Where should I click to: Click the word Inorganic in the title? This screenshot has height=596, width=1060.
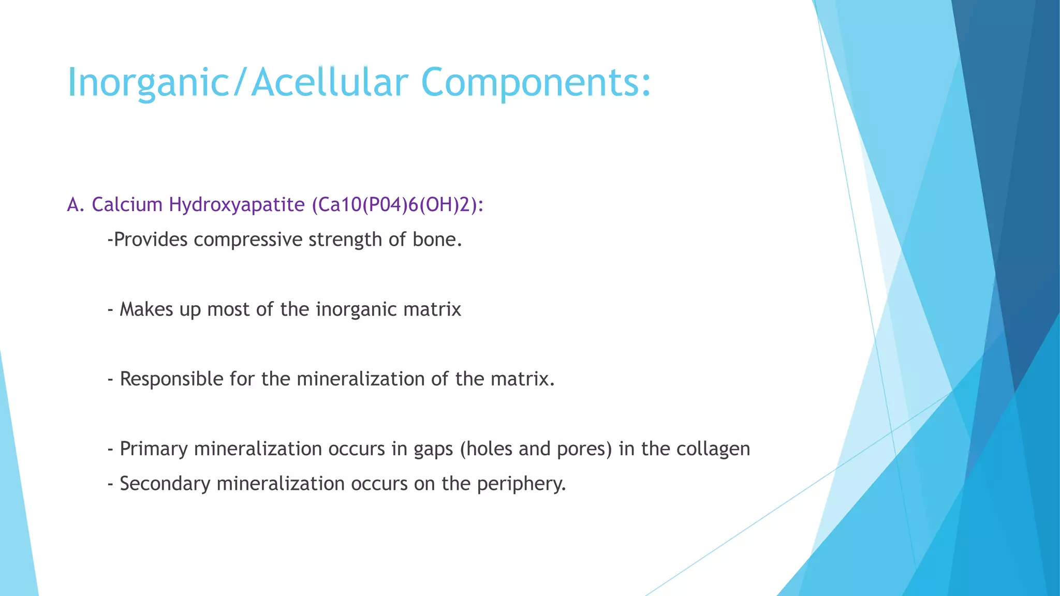148,83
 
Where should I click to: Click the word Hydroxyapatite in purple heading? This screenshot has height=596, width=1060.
237,205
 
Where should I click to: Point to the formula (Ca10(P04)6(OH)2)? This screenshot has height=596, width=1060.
397,205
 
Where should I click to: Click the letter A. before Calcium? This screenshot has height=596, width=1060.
76,205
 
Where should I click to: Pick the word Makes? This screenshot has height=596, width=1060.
146,309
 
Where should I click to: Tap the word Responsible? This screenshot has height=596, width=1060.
171,379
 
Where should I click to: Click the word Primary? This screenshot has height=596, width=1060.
153,449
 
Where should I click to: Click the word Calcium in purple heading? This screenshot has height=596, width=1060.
127,205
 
